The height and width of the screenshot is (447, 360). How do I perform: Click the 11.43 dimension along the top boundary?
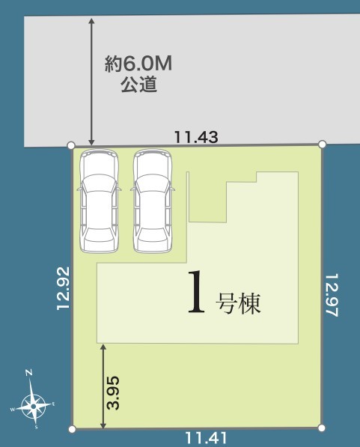pyautogui.click(x=196, y=137)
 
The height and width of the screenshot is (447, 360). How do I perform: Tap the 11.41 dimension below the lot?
pyautogui.click(x=206, y=438)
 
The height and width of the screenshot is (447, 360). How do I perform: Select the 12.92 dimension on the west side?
pyautogui.click(x=63, y=288)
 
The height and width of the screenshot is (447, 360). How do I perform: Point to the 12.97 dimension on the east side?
pyautogui.click(x=332, y=295)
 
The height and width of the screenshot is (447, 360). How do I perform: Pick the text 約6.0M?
pyautogui.click(x=138, y=64)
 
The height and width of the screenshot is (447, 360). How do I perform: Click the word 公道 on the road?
pyautogui.click(x=138, y=85)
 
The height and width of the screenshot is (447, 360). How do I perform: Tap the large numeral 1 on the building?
pyautogui.click(x=196, y=291)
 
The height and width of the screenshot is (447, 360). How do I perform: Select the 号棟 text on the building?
pyautogui.click(x=238, y=303)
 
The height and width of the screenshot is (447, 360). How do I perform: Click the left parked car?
pyautogui.click(x=99, y=201)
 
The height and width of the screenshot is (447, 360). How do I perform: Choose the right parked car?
pyautogui.click(x=153, y=201)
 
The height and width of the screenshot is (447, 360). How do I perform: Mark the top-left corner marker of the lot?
pyautogui.click(x=71, y=145)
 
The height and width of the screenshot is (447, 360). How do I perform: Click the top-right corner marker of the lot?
pyautogui.click(x=322, y=145)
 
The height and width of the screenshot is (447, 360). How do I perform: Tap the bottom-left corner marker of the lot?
pyautogui.click(x=72, y=429)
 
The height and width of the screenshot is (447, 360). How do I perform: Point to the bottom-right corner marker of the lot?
pyautogui.click(x=321, y=428)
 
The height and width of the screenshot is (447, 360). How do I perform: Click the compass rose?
pyautogui.click(x=34, y=406)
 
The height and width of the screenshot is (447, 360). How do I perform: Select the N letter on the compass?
pyautogui.click(x=28, y=372)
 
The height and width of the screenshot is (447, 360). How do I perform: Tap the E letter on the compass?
pyautogui.click(x=53, y=404)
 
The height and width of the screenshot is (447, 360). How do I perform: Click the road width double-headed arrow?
pyautogui.click(x=91, y=82)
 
